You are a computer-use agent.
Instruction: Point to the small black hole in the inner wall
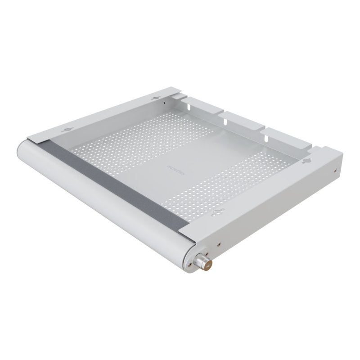tap(165, 103)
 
